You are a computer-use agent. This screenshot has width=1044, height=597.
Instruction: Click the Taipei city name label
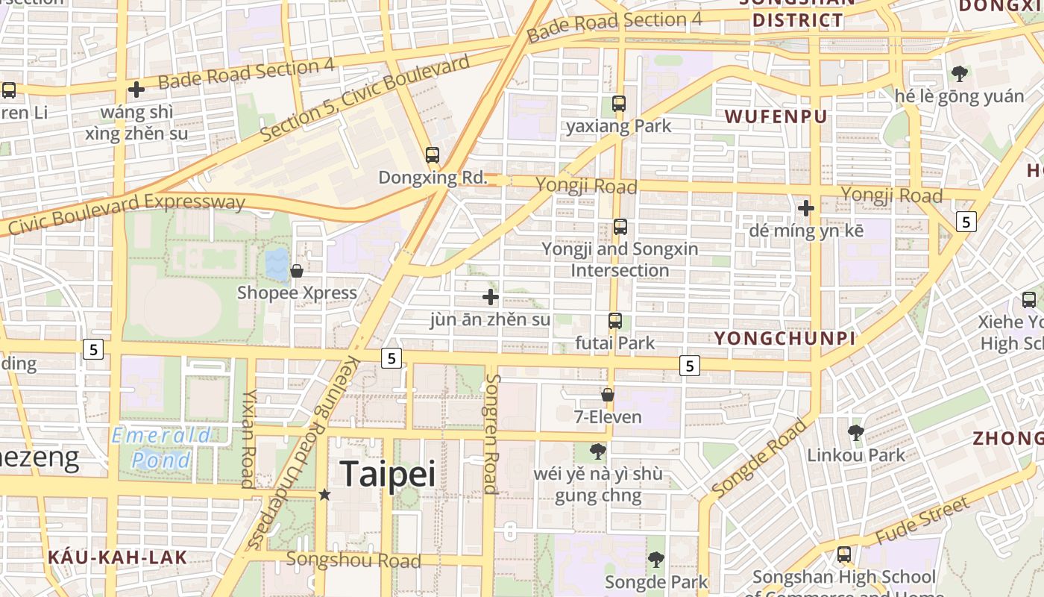pos(387,474)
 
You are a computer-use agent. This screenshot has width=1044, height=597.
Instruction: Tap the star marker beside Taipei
pos(324,494)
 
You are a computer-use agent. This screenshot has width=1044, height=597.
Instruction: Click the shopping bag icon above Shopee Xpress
pos(297,271)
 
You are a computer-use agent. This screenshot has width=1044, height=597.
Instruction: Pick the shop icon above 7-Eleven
pos(608,395)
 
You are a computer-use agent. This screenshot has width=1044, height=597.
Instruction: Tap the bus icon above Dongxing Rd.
pos(433,155)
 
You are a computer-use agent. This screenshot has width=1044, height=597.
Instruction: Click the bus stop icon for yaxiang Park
pos(618,104)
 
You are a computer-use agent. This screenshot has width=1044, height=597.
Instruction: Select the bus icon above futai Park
pos(615,321)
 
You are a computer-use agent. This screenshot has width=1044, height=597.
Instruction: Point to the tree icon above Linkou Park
pos(855,433)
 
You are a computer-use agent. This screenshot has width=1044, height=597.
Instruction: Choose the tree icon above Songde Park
pos(655,559)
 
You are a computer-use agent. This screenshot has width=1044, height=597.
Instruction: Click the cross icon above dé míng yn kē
pos(806,208)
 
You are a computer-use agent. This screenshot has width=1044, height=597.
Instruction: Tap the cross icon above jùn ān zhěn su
pos(490,297)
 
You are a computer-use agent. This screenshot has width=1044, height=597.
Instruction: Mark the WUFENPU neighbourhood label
pos(776,116)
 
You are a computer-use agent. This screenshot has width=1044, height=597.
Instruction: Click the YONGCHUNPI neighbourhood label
pos(784,339)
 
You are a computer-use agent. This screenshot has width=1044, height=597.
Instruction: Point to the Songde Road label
pos(760,458)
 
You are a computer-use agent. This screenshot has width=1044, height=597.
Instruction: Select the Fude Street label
pos(922,520)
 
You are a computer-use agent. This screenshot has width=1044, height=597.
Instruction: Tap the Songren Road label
pos(491,434)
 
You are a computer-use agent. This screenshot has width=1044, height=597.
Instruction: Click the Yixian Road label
pos(248,438)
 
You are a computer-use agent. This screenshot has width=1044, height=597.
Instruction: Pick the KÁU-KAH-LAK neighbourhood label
pos(118,557)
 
